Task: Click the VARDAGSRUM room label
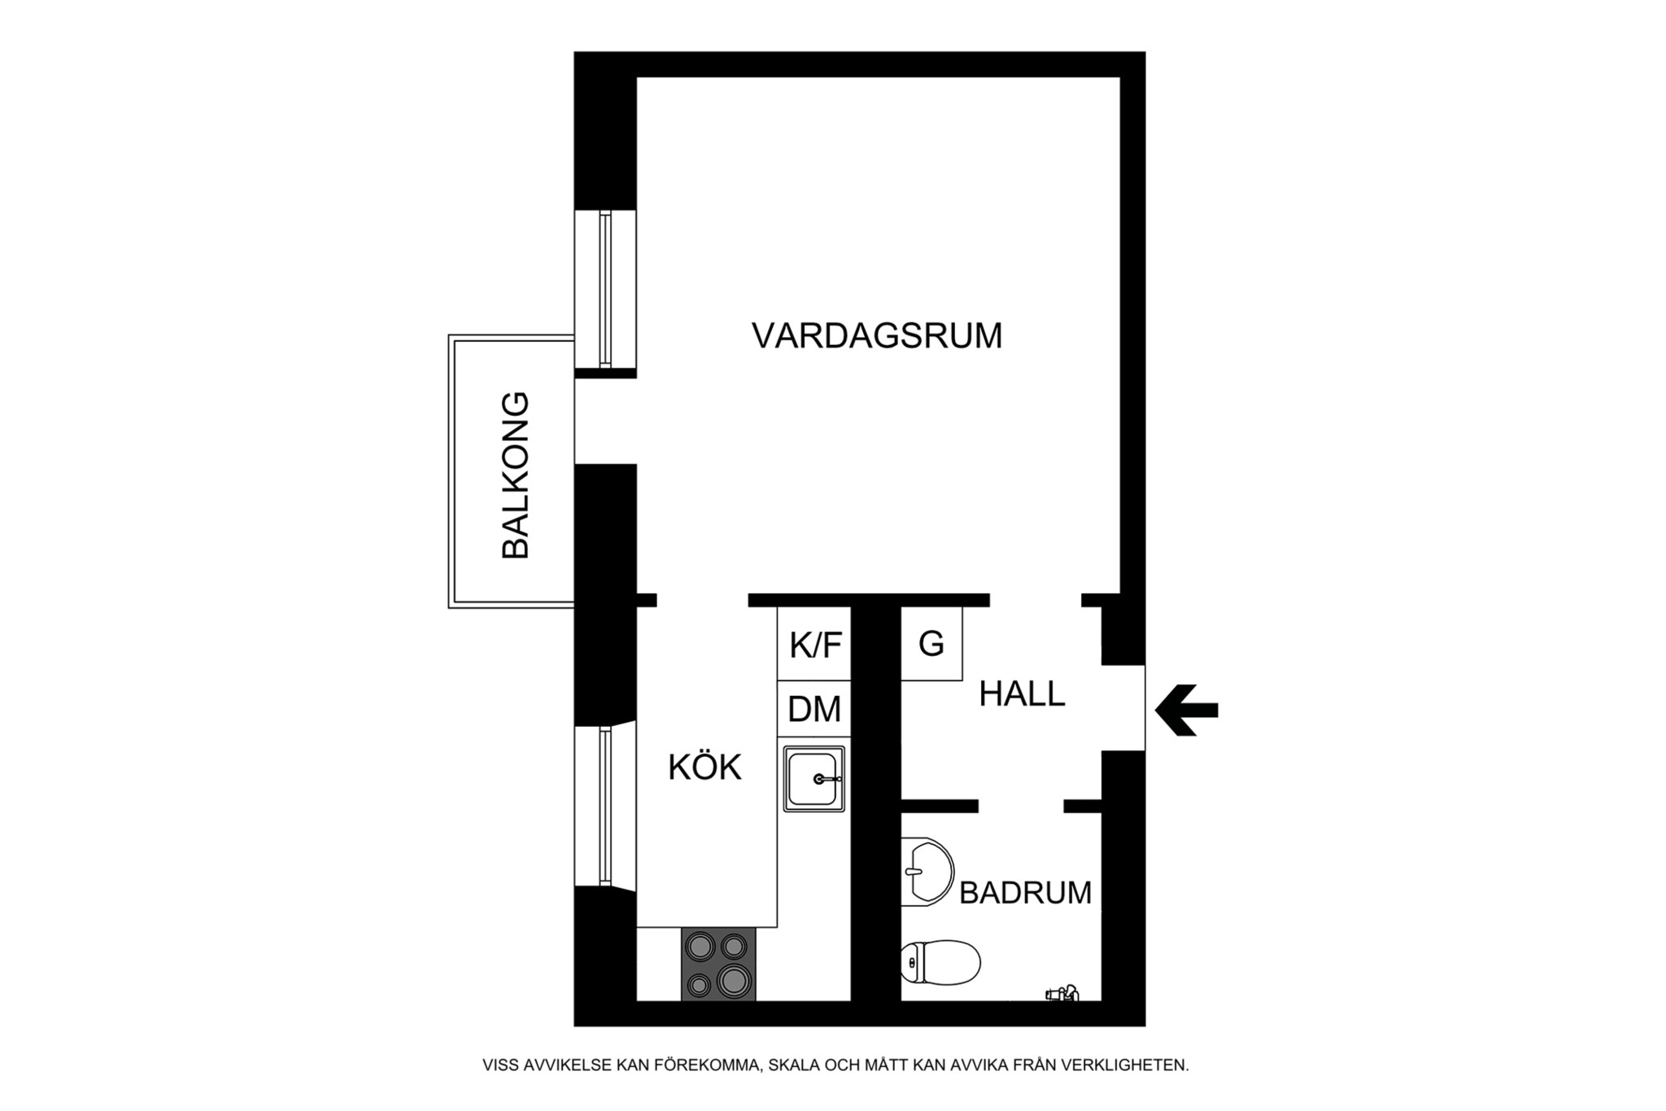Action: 876,336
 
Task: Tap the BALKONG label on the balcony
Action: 516,475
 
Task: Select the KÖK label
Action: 704,768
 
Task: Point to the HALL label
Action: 1022,694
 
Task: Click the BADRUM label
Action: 1025,893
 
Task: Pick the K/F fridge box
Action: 814,645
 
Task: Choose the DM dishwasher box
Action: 814,710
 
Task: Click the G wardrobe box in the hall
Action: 931,645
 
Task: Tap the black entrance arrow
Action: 1187,711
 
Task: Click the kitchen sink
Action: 813,779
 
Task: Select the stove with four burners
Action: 718,964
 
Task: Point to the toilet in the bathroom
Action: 942,962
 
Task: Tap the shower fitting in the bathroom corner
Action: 1062,993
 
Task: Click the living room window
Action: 605,289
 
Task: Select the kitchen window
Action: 605,806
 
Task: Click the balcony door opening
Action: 604,421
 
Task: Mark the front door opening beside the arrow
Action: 1123,708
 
